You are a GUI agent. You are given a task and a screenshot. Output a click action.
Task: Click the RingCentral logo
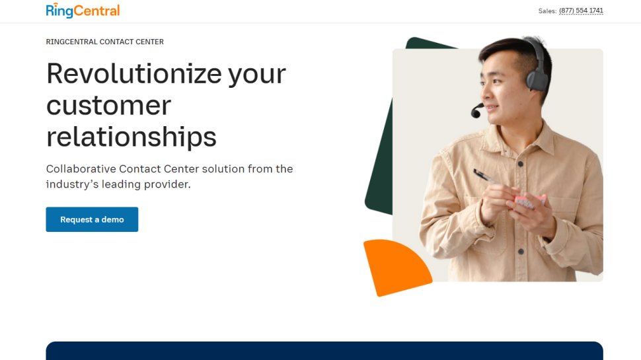pos(83,11)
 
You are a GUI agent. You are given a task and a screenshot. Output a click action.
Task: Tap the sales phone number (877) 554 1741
pos(581,11)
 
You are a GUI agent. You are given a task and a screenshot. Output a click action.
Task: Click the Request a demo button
pos(92,219)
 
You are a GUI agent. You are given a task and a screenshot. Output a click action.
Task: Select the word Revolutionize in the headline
pos(133,73)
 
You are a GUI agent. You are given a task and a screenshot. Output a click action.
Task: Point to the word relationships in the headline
pos(131,137)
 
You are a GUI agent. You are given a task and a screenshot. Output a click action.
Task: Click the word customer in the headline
pos(108,105)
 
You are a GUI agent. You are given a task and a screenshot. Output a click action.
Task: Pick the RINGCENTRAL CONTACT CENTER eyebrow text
pos(104,42)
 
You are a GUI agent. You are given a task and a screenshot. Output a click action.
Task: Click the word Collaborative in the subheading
pos(81,169)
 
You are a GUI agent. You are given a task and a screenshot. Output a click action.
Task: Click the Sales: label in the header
pos(547,11)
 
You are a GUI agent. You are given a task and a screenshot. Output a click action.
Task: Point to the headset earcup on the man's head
pos(536,77)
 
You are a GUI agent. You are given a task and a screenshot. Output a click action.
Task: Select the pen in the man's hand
pos(488,177)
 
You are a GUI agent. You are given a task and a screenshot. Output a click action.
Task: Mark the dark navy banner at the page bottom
pos(324,351)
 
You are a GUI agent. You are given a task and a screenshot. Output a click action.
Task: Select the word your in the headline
pos(256,73)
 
